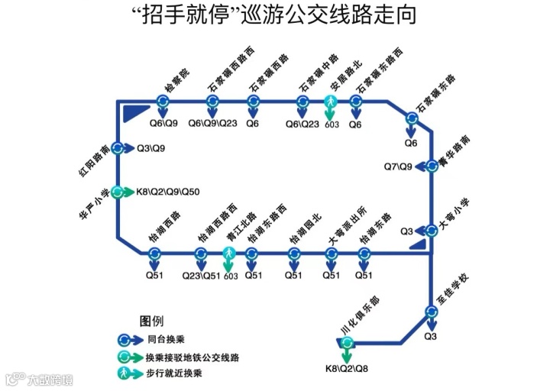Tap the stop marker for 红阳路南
(x=118, y=148)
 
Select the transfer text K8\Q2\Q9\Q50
(x=167, y=192)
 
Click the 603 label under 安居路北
(x=332, y=124)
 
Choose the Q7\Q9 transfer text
(x=398, y=166)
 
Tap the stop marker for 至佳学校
(x=431, y=312)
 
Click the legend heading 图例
(x=150, y=319)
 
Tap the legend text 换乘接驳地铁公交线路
(x=192, y=356)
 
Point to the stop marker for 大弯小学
(x=432, y=229)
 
